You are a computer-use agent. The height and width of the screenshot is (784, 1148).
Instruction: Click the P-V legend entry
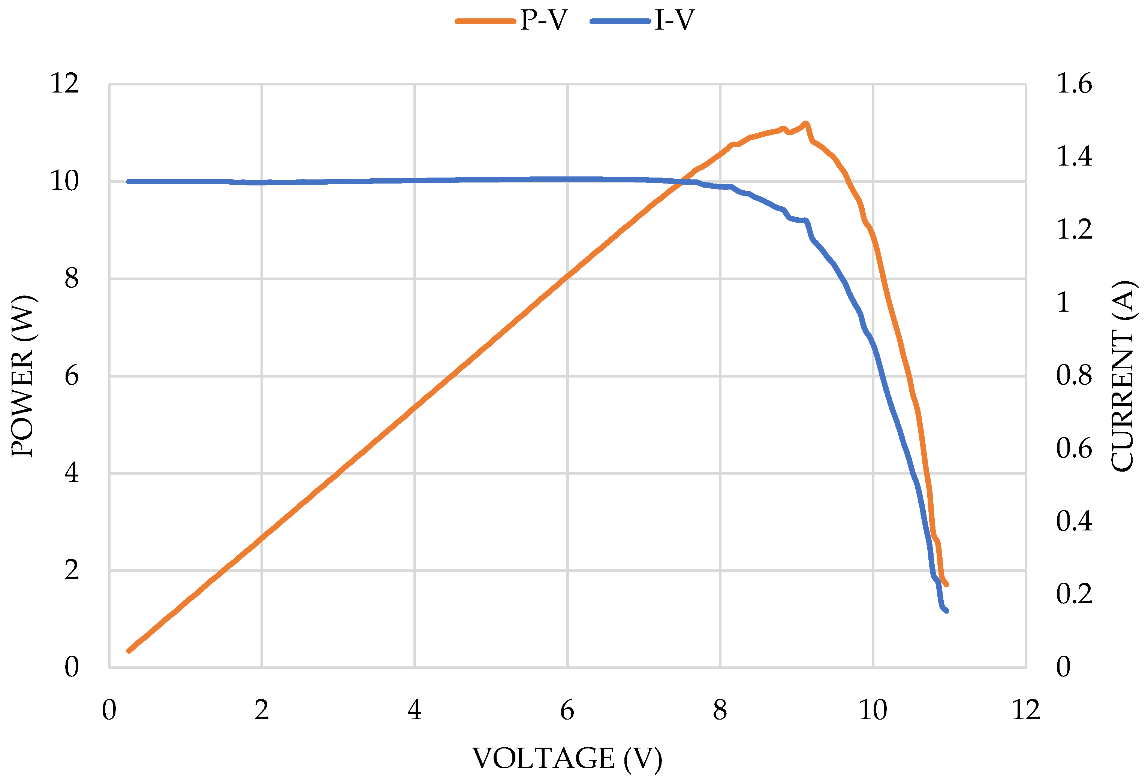pyautogui.click(x=511, y=21)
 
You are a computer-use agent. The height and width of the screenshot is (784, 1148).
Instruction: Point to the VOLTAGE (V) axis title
pyautogui.click(x=567, y=759)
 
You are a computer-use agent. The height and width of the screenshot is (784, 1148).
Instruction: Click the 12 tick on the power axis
pyautogui.click(x=65, y=84)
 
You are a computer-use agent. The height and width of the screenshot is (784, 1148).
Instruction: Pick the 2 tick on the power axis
pyautogui.click(x=72, y=570)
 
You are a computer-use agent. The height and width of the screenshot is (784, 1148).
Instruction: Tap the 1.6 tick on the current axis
pyautogui.click(x=1074, y=84)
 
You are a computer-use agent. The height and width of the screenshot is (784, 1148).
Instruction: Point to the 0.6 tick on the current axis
pyautogui.click(x=1074, y=448)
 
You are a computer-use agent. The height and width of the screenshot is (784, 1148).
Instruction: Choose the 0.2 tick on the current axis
pyautogui.click(x=1074, y=594)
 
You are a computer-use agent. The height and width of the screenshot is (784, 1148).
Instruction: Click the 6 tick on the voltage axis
pyautogui.click(x=567, y=711)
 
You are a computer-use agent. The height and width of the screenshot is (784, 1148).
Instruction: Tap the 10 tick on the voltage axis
pyautogui.click(x=873, y=711)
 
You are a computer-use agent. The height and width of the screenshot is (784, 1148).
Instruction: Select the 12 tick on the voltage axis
pyautogui.click(x=1026, y=711)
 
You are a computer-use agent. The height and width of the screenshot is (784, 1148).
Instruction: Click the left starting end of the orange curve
pyautogui.click(x=129, y=651)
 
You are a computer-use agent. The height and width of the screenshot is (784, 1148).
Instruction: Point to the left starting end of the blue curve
pyautogui.click(x=129, y=182)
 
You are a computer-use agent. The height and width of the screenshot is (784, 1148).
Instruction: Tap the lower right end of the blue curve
pyautogui.click(x=946, y=611)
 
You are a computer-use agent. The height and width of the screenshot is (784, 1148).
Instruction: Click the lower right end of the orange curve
pyautogui.click(x=946, y=585)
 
